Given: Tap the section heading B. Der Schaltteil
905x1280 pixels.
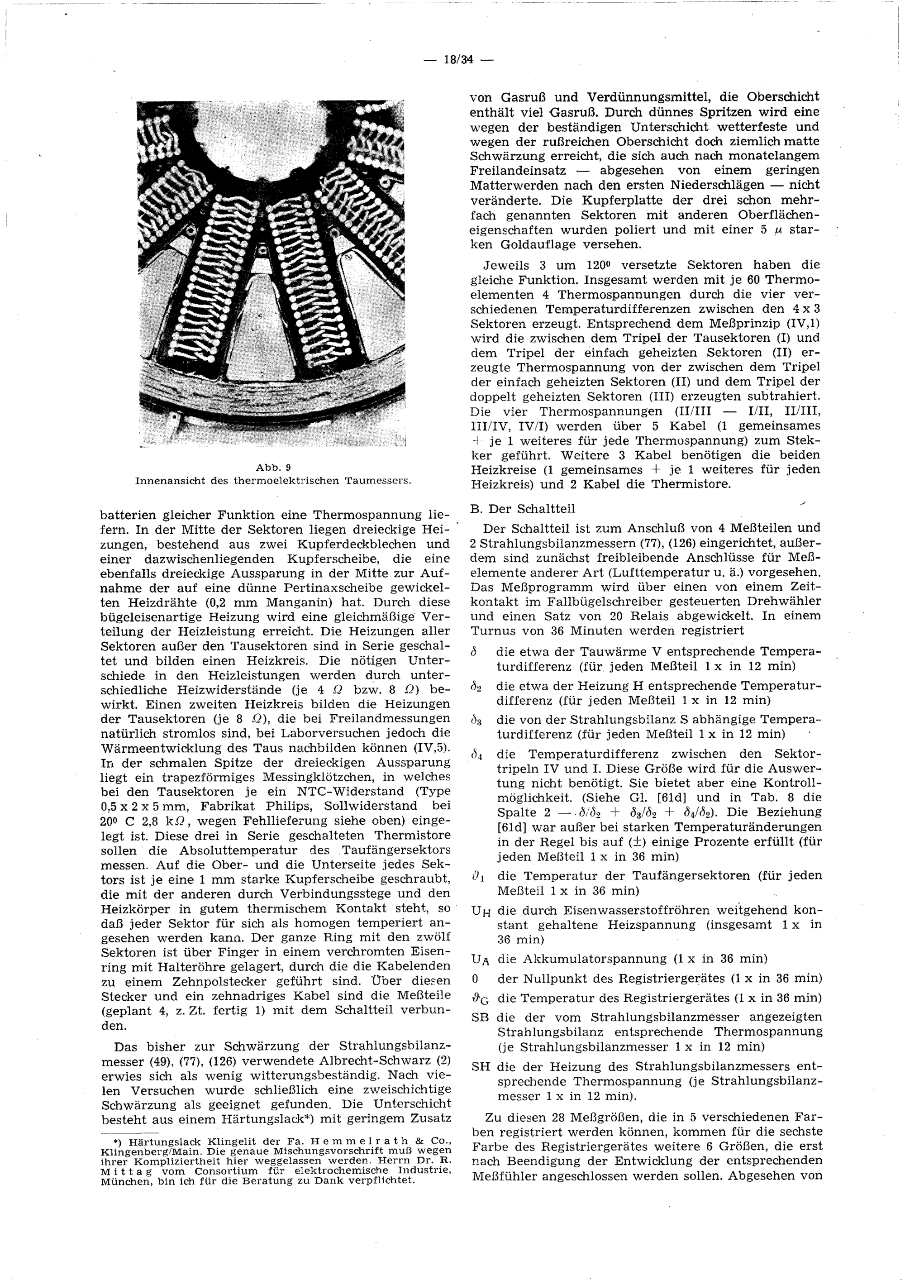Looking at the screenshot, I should point(523,508).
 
